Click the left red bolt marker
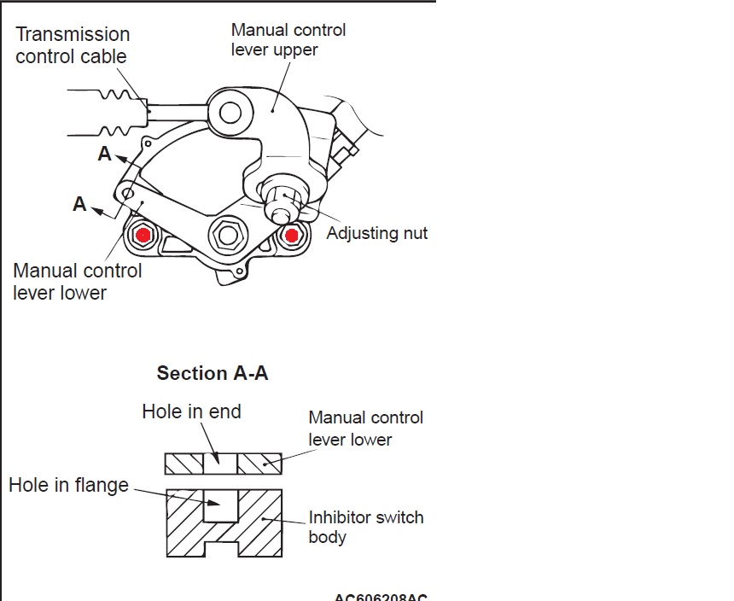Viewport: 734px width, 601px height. (x=143, y=234)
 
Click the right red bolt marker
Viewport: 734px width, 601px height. (x=293, y=235)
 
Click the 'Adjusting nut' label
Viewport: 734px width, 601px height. (x=376, y=233)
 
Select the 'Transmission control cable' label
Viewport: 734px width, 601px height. (x=73, y=45)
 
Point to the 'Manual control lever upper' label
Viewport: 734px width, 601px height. (x=288, y=39)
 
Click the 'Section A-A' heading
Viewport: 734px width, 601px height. (x=213, y=373)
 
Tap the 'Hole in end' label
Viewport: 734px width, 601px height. (x=191, y=411)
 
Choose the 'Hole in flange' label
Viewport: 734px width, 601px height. (x=68, y=485)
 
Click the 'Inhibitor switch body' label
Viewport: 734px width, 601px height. (x=365, y=527)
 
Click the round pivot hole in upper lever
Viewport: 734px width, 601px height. (x=230, y=111)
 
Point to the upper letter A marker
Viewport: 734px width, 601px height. (x=105, y=154)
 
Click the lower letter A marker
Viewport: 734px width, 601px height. (x=79, y=204)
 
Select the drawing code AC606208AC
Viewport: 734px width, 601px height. (x=381, y=596)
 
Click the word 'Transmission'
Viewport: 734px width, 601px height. (x=73, y=34)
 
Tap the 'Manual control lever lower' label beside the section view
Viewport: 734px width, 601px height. (x=365, y=429)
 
